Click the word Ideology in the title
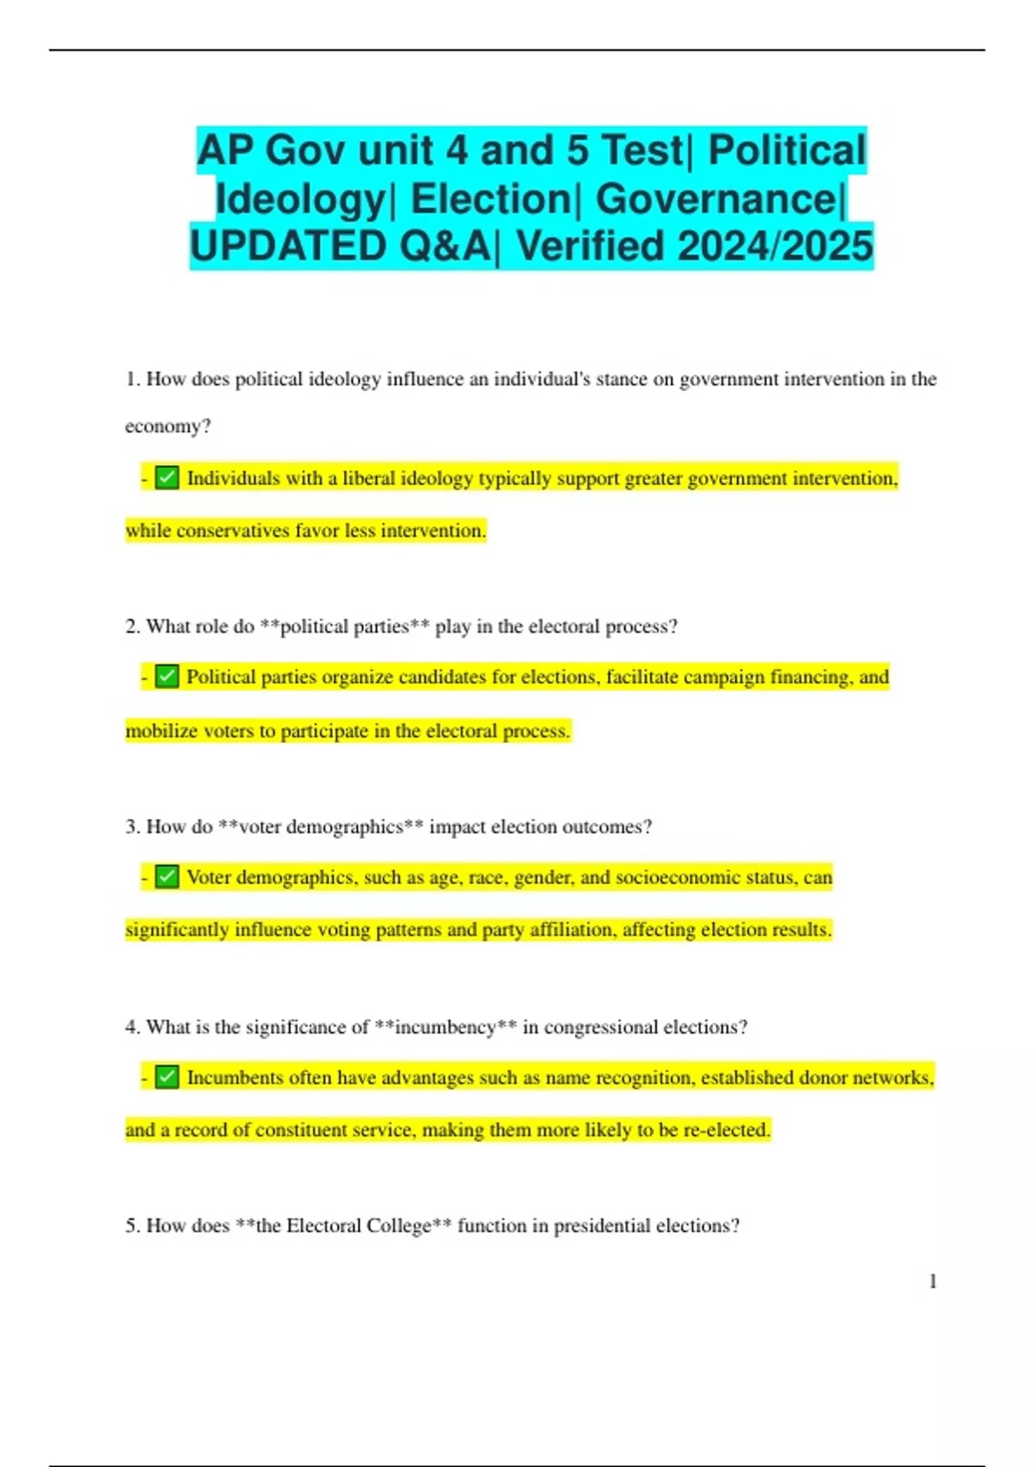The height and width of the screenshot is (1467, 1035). [x=299, y=199]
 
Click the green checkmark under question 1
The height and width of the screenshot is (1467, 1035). [x=167, y=478]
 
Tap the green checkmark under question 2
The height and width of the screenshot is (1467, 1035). [x=167, y=677]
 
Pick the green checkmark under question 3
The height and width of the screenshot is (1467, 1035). [x=167, y=877]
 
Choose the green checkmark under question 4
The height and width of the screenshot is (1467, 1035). [x=167, y=1077]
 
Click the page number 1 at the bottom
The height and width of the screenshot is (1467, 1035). [x=932, y=1281]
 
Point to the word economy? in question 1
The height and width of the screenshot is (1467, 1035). [x=168, y=426]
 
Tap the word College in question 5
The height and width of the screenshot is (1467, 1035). [x=398, y=1226]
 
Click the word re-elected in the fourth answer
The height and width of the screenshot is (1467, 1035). [x=726, y=1130]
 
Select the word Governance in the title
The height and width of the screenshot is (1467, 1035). [x=716, y=199]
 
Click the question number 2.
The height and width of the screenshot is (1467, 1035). [x=132, y=626]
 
